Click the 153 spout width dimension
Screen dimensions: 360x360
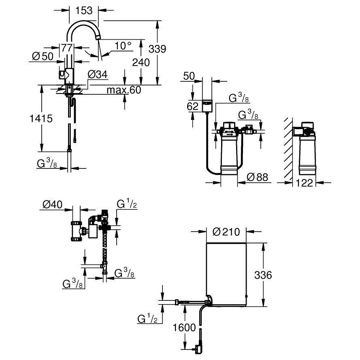tap(84, 11)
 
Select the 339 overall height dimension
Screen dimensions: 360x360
tap(157, 49)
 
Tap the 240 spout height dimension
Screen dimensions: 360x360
tap(141, 62)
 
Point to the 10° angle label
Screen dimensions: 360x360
tap(123, 46)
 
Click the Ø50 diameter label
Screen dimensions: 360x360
tap(43, 56)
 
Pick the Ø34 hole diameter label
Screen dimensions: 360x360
tap(98, 75)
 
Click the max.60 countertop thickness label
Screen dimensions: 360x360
tap(124, 90)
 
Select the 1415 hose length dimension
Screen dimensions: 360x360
tap(41, 119)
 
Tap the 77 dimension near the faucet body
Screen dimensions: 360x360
tap(67, 48)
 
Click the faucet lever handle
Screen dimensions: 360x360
tap(62, 75)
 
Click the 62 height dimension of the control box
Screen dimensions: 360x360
tap(193, 107)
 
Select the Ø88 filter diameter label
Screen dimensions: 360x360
tap(258, 177)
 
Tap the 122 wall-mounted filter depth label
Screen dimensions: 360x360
tap(305, 183)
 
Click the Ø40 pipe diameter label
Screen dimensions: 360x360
tap(52, 204)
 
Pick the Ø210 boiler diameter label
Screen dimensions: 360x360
tap(226, 232)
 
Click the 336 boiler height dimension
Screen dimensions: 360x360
tap(263, 275)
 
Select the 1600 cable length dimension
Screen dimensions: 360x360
tap(184, 328)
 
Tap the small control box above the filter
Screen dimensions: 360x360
tap(207, 106)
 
